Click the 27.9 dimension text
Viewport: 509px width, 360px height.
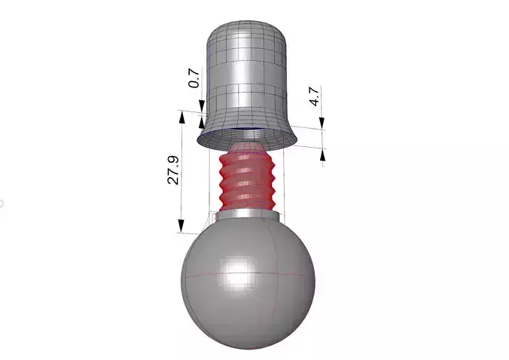point(172,172)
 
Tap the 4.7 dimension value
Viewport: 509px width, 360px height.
point(315,98)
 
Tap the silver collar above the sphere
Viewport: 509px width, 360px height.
point(248,216)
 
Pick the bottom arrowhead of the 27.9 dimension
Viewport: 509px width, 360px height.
point(181,227)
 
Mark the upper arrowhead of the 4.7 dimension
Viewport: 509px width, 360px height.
point(322,124)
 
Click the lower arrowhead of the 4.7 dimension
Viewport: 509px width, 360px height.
point(323,154)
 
